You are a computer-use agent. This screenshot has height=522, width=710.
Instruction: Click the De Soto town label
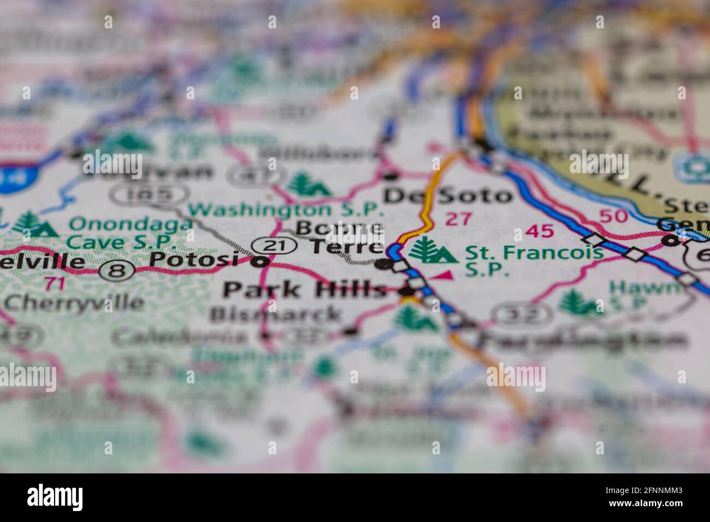(x=448, y=195)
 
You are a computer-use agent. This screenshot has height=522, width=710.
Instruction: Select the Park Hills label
(x=304, y=290)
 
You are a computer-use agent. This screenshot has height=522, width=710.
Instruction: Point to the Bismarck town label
(x=275, y=315)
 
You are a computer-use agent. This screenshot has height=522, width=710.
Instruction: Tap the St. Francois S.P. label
(x=534, y=260)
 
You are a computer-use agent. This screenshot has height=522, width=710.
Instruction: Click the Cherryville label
(x=66, y=302)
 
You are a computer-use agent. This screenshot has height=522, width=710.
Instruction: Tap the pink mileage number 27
(x=458, y=219)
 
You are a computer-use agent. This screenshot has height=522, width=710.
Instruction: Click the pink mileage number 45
(x=540, y=231)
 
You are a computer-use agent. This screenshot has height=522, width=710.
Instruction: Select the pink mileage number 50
(x=613, y=215)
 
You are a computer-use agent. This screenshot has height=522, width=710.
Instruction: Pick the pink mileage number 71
(x=54, y=283)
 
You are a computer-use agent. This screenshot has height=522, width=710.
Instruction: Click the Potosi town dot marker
(x=263, y=262)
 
